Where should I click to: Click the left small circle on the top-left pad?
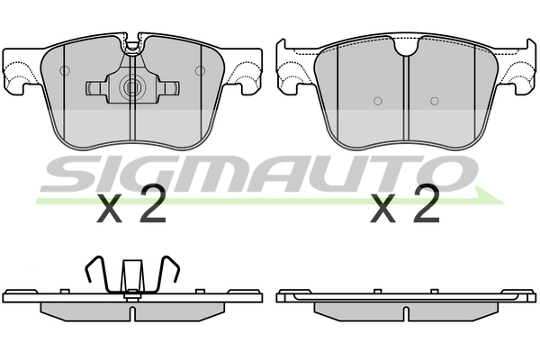click(65, 70)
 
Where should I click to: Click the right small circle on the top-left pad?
click(200, 70)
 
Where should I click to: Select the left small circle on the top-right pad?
click(378, 101)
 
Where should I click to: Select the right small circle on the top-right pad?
click(435, 101)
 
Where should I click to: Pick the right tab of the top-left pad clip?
click(168, 88)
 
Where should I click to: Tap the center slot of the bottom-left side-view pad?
click(132, 313)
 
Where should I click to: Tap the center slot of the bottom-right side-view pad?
click(406, 313)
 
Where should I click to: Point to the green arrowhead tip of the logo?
click(503, 202)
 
